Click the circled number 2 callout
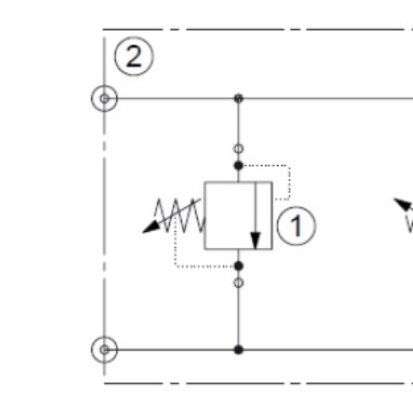(134, 56)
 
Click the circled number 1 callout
(296, 226)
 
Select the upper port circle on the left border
(104, 98)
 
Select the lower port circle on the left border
(104, 349)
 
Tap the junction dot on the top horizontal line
(238, 98)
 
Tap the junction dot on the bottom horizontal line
(238, 349)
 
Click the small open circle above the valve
(238, 149)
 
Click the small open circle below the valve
(238, 283)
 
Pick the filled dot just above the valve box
(238, 166)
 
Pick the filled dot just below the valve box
(238, 266)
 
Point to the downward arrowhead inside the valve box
(256, 241)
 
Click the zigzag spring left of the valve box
(180, 215)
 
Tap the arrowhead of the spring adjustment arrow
(151, 228)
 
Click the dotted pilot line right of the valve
(290, 183)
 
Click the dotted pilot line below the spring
(176, 266)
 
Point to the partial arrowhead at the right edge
(404, 204)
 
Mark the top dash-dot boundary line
(258, 29)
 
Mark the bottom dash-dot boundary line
(258, 383)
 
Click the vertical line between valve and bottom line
(238, 316)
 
